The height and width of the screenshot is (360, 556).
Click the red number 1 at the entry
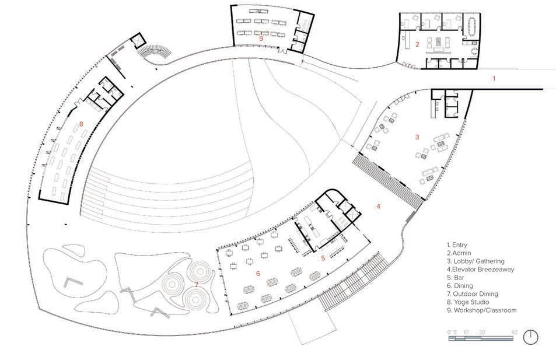coord(494,78)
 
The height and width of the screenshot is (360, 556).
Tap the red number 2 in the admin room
coord(417,44)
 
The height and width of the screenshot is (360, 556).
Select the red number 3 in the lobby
coord(417,137)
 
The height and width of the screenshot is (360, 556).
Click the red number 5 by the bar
coord(323,257)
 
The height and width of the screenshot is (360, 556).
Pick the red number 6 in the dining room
coord(257,273)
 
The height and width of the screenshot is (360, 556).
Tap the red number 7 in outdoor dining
coord(197,285)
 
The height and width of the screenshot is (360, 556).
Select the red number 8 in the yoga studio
coord(81,124)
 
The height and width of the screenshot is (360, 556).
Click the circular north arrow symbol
coord(530,337)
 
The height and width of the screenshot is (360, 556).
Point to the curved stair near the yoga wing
coord(154,53)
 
